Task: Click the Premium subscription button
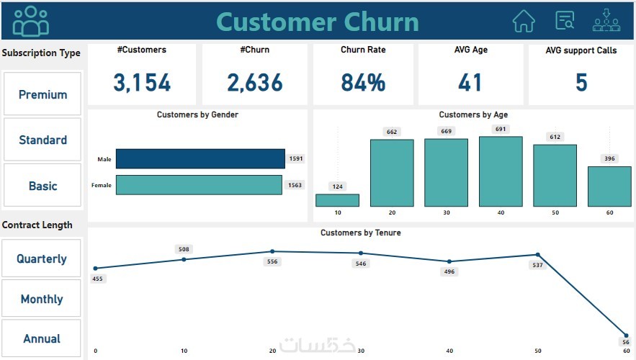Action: pyautogui.click(x=42, y=94)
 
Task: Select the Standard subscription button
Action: pyautogui.click(x=42, y=140)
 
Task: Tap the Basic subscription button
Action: pyautogui.click(x=42, y=186)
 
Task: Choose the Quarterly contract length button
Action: pyautogui.click(x=42, y=258)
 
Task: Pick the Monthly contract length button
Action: pyautogui.click(x=42, y=299)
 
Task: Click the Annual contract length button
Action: pyautogui.click(x=42, y=338)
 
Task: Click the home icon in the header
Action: pyautogui.click(x=524, y=21)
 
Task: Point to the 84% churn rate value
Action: pyautogui.click(x=363, y=83)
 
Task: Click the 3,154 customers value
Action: pyautogui.click(x=142, y=83)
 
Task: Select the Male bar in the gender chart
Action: pyautogui.click(x=200, y=158)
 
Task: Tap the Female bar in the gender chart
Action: pyautogui.click(x=199, y=185)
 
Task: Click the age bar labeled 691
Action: pyautogui.click(x=501, y=171)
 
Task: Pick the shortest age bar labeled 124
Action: pyautogui.click(x=337, y=200)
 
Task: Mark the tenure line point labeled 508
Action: pyautogui.click(x=184, y=259)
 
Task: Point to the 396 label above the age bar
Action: pyautogui.click(x=609, y=158)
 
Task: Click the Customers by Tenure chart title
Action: pyautogui.click(x=361, y=233)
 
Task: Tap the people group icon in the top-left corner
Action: pyautogui.click(x=31, y=21)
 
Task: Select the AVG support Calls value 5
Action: pyautogui.click(x=581, y=83)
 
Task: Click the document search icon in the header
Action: pyautogui.click(x=565, y=21)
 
